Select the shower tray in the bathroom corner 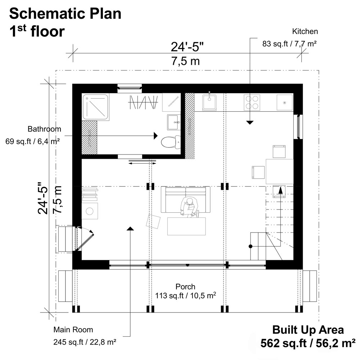96,107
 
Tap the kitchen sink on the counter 209,102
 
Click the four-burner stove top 252,102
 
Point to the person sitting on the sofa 189,208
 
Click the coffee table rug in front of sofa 186,226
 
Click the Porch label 185,287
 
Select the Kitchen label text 305,32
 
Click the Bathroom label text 44,129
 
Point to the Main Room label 73,329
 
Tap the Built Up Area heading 308,330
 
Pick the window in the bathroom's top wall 130,87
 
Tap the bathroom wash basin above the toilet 174,122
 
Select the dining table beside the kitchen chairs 279,171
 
